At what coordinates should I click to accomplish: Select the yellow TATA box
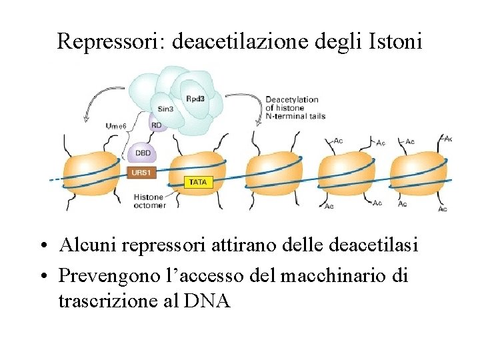pos(198,181)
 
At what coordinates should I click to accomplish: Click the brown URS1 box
pos(141,171)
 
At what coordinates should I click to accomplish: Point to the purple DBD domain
pos(143,153)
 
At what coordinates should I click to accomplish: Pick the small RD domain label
pos(156,124)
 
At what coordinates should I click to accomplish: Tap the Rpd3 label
pos(195,99)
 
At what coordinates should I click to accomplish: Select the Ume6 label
pos(117,126)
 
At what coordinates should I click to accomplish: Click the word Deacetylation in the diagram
pos(292,100)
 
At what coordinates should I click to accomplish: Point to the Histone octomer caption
pos(149,201)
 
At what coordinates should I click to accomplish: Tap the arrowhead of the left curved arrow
pos(85,120)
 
